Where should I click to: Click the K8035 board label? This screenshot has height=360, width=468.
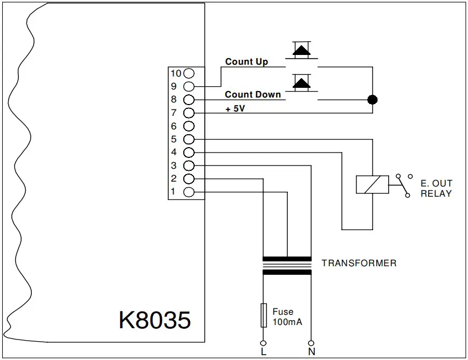point(155,320)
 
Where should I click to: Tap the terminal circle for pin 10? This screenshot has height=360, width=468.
point(189,73)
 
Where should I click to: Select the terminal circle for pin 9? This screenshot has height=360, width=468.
point(189,86)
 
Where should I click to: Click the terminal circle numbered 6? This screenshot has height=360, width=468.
point(189,126)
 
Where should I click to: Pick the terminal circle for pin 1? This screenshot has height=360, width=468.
point(189,192)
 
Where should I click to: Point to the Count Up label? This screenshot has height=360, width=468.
point(246,61)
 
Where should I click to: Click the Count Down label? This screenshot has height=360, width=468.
point(253,94)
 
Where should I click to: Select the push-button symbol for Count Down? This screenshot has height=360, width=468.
point(301,84)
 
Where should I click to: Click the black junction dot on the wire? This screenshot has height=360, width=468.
point(372,100)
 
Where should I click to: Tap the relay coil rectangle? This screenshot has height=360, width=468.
point(372,185)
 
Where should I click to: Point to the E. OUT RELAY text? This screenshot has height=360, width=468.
point(436,189)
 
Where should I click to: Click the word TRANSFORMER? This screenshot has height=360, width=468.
point(359,264)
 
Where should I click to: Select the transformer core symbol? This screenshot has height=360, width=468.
point(287,265)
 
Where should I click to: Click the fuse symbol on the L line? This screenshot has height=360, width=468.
point(263,315)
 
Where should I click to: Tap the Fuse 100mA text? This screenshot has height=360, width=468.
point(287,317)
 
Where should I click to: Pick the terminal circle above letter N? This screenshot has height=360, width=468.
point(311,343)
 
